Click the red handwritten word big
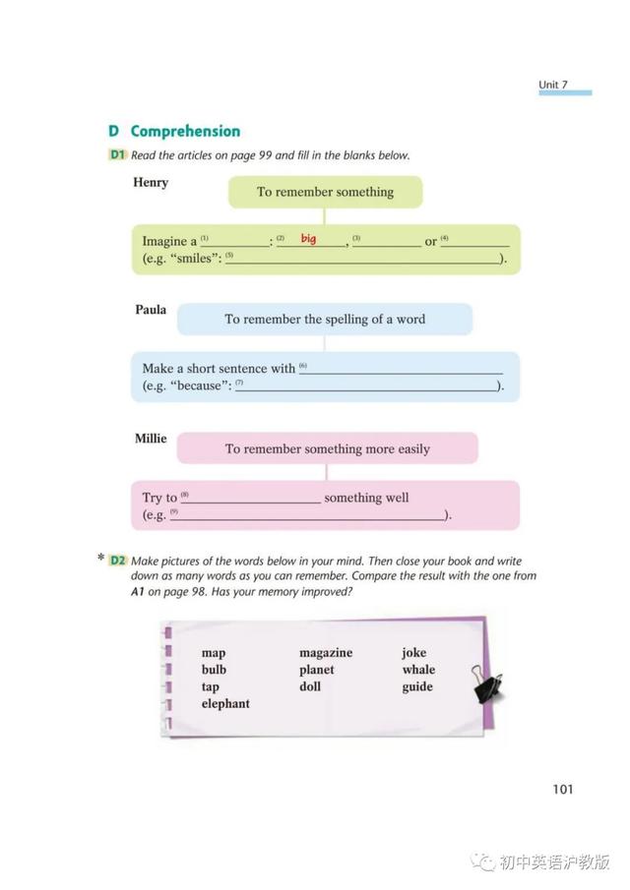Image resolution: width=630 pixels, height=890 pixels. (x=308, y=239)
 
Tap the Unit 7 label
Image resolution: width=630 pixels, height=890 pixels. (x=553, y=85)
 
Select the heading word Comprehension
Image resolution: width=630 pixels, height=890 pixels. (x=185, y=131)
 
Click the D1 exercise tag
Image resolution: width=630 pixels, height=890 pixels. (x=118, y=154)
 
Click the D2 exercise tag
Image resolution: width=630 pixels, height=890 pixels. (x=118, y=561)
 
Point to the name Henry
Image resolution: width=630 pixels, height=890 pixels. (x=151, y=182)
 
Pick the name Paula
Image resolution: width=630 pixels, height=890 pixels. (x=151, y=310)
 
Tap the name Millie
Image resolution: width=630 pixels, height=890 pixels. (x=151, y=439)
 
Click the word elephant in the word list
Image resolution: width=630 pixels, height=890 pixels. (x=225, y=704)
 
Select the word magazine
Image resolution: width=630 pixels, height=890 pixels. (x=326, y=653)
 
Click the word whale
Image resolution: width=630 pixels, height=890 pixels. (x=418, y=670)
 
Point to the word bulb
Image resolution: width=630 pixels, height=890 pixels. (x=214, y=670)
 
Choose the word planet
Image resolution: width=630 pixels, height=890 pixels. (x=317, y=670)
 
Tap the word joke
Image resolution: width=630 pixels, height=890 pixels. (x=414, y=653)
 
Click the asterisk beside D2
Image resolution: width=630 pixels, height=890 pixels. (x=100, y=559)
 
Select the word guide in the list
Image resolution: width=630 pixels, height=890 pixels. (x=417, y=686)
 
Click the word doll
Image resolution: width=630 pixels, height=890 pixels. (x=310, y=686)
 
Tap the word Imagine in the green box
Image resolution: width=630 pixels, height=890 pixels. (x=164, y=242)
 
